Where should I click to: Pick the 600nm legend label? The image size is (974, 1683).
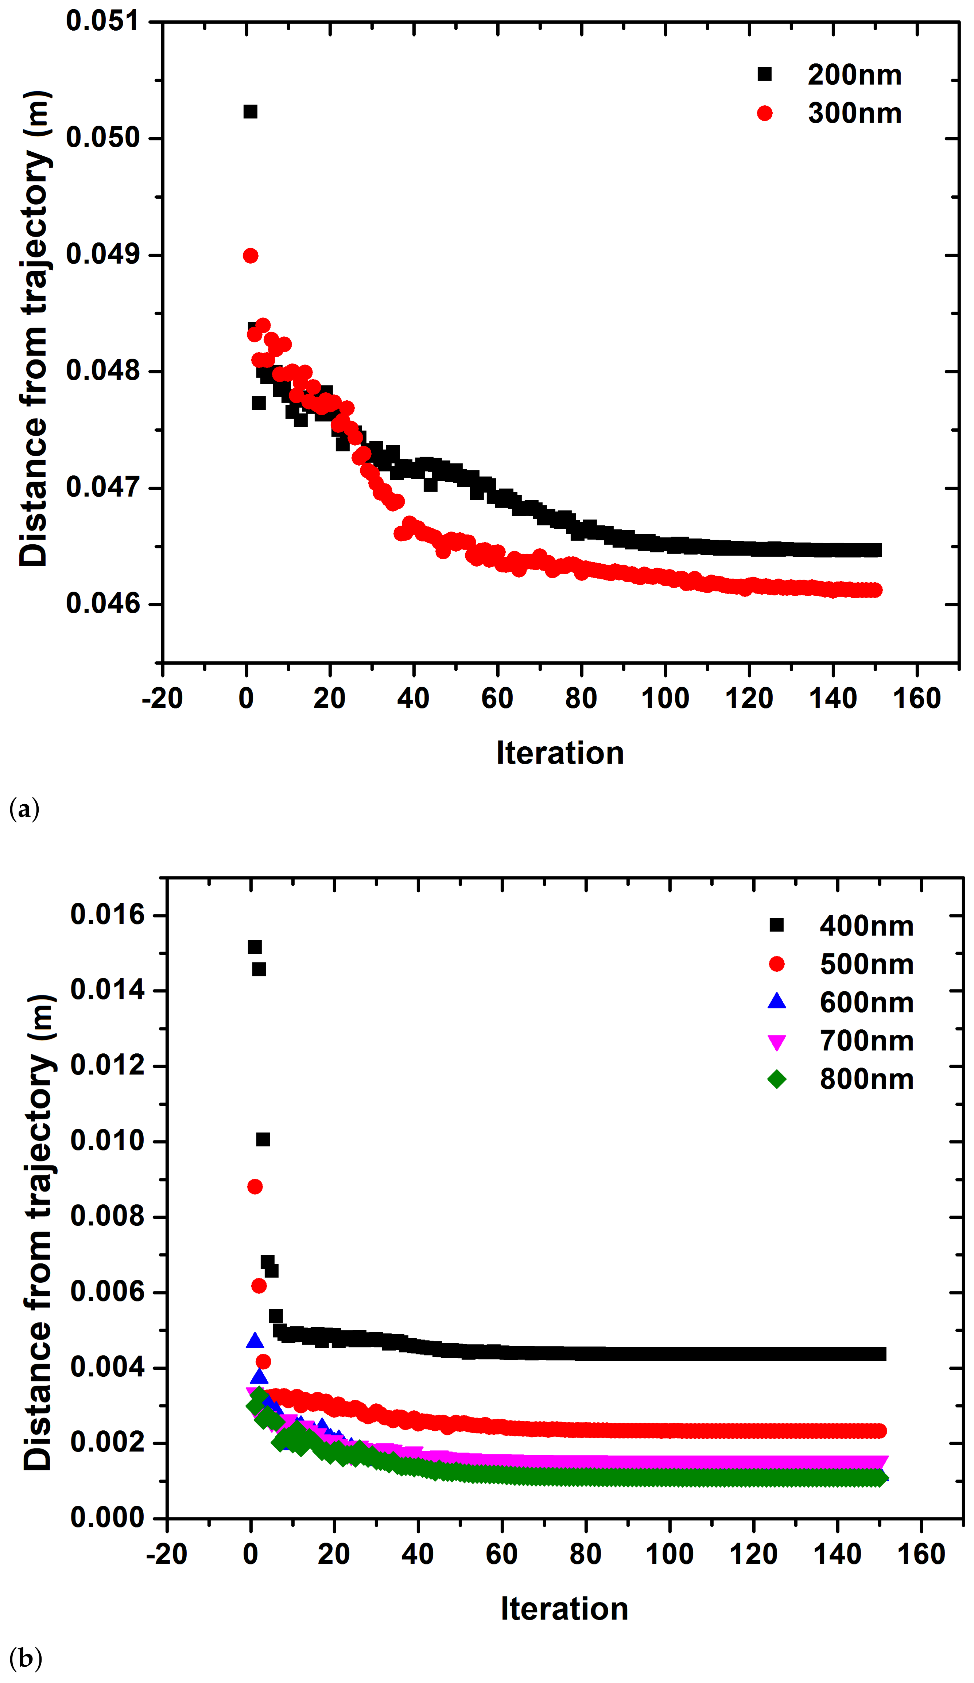tap(866, 1002)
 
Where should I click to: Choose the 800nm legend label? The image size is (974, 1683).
tap(866, 1079)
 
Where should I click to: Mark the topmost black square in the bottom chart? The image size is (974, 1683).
tap(255, 947)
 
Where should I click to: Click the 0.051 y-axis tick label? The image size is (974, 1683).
tap(103, 22)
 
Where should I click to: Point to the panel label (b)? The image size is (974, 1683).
tap(26, 1658)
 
